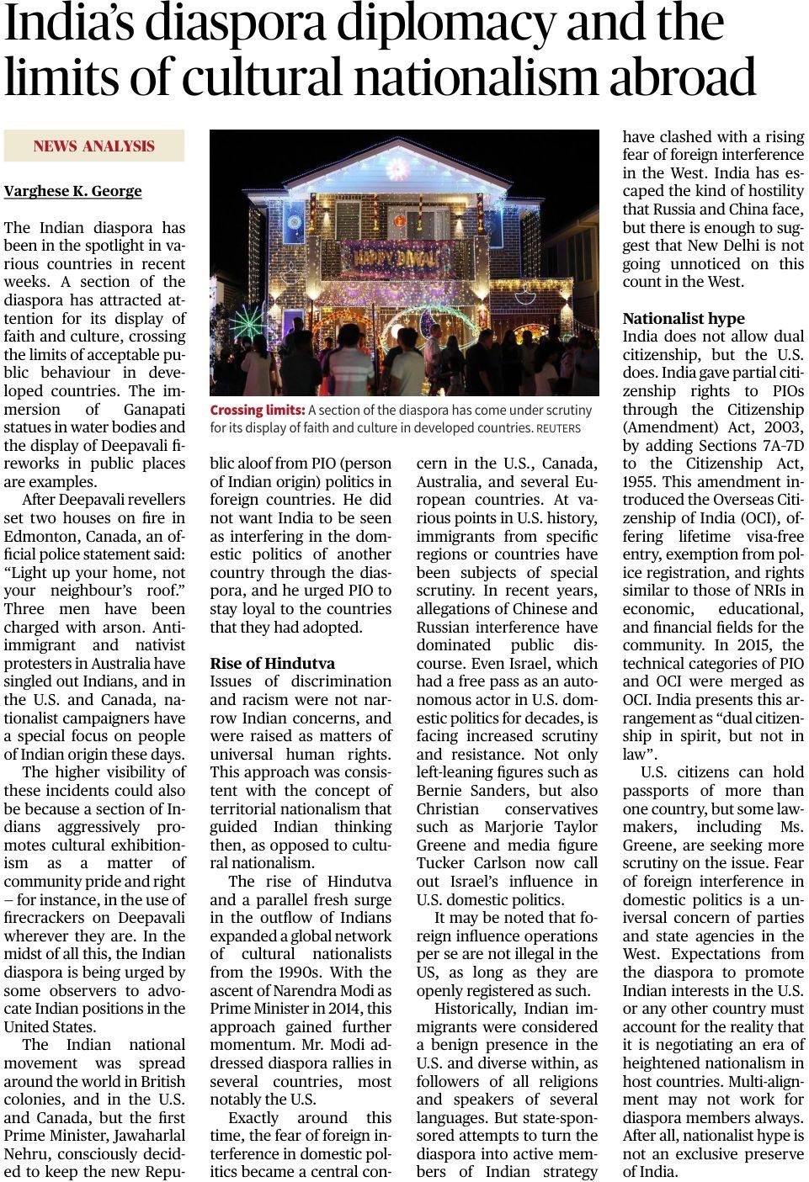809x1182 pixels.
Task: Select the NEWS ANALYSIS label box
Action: click(x=94, y=146)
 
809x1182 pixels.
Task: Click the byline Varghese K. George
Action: click(x=73, y=191)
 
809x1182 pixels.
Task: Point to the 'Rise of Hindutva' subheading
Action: click(x=272, y=663)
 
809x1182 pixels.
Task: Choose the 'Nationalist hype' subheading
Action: click(x=684, y=318)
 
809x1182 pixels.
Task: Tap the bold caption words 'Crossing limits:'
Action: click(x=257, y=410)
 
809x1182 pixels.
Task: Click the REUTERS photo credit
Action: click(x=558, y=428)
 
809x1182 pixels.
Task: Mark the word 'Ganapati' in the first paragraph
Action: click(x=154, y=410)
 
